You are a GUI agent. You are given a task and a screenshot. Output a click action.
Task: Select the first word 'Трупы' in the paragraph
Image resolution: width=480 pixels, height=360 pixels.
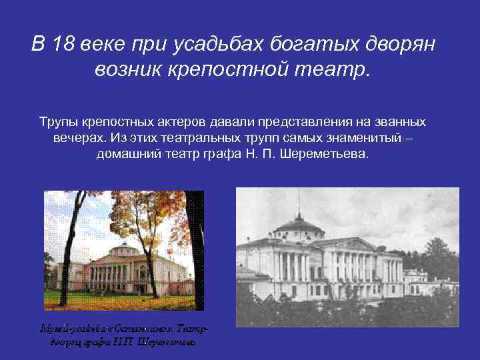[60, 123]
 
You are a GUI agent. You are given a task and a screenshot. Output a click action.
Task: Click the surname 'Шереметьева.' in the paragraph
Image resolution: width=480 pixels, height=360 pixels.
[331, 153]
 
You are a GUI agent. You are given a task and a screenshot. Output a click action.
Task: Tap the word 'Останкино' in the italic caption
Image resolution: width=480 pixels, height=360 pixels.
[151, 329]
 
